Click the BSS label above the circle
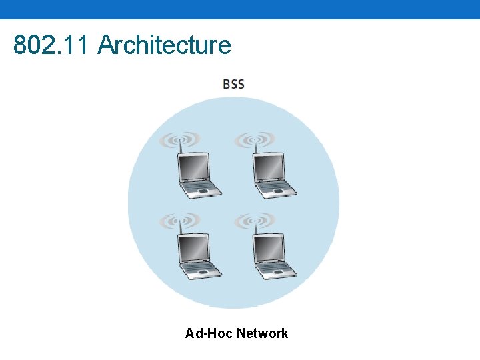(x=233, y=85)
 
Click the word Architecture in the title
(x=164, y=45)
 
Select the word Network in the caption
(x=262, y=333)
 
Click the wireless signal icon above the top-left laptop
(x=179, y=139)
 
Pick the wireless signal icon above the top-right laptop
(x=255, y=139)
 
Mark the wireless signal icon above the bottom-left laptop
(x=179, y=220)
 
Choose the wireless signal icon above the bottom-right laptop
(x=255, y=220)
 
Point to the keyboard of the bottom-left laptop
(x=202, y=270)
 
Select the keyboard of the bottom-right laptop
(x=277, y=270)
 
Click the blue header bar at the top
(x=240, y=9)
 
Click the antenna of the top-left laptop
(x=179, y=150)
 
